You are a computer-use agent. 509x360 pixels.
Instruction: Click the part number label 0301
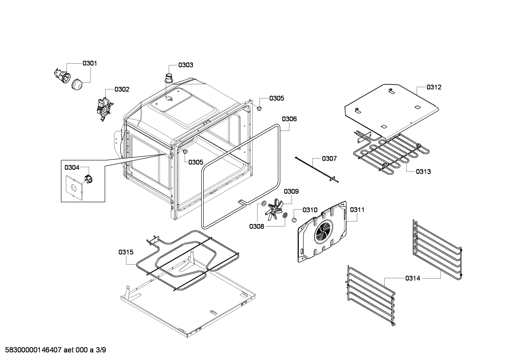pyautogui.click(x=90, y=63)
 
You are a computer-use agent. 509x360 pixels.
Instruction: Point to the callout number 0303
pyautogui.click(x=185, y=65)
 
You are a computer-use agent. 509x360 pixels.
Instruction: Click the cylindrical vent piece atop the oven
pyautogui.click(x=169, y=77)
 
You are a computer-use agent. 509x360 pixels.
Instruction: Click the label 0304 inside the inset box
pyautogui.click(x=72, y=167)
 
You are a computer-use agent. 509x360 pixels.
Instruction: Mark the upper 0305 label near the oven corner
pyautogui.click(x=276, y=98)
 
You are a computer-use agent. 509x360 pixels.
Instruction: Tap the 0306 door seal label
pyautogui.click(x=289, y=119)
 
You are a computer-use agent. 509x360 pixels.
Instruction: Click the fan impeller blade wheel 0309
pyautogui.click(x=276, y=210)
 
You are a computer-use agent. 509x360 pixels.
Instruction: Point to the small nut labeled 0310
pyautogui.click(x=293, y=220)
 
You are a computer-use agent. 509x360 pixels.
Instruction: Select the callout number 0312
pyautogui.click(x=433, y=87)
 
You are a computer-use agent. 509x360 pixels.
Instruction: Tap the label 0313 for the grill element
pyautogui.click(x=423, y=172)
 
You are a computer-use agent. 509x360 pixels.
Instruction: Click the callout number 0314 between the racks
pyautogui.click(x=412, y=278)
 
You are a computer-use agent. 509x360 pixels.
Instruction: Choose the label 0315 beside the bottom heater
pyautogui.click(x=126, y=252)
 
